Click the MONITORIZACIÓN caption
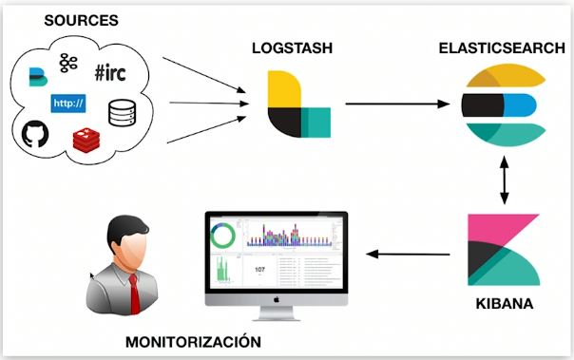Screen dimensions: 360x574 181,342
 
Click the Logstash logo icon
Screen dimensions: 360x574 298,104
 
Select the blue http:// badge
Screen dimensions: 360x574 67,102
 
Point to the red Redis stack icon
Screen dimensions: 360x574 86,140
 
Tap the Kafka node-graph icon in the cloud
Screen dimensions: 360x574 67,63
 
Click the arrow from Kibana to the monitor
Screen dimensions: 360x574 409,253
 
